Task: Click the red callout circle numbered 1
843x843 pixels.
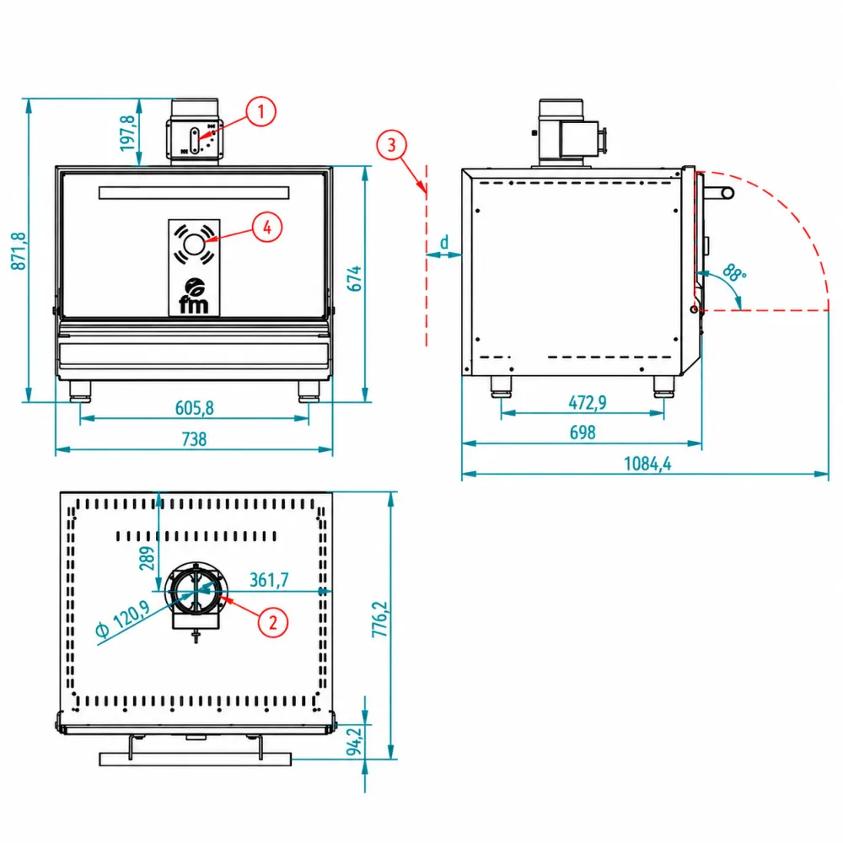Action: pyautogui.click(x=260, y=112)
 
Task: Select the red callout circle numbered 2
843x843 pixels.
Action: pyautogui.click(x=273, y=623)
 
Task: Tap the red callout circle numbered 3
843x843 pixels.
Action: pyautogui.click(x=391, y=145)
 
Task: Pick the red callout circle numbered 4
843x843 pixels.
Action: pyautogui.click(x=267, y=228)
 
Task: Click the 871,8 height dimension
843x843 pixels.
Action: pyautogui.click(x=19, y=250)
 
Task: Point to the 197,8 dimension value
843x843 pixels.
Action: pyautogui.click(x=127, y=133)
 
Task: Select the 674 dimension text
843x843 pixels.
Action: pyautogui.click(x=354, y=278)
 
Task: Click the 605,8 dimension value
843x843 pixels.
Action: pyautogui.click(x=195, y=408)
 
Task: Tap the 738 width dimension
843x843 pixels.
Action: pyautogui.click(x=194, y=439)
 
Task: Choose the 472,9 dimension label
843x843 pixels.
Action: pyautogui.click(x=587, y=402)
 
